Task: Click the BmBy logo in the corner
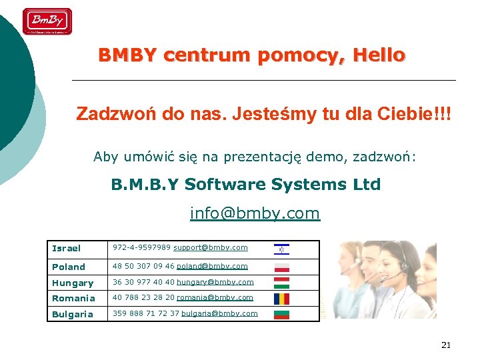(47, 21)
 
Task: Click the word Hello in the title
(379, 55)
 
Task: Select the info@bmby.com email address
(255, 213)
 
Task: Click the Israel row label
(66, 249)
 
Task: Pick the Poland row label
(69, 267)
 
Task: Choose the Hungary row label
(73, 283)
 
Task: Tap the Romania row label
(73, 298)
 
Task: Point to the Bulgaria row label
(73, 314)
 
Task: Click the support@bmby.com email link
(211, 248)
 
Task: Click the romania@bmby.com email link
(215, 297)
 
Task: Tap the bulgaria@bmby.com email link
(219, 313)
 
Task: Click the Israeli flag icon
(281, 250)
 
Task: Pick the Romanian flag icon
(281, 299)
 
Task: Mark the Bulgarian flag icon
(281, 313)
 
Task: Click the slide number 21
(446, 345)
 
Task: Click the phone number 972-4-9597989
(141, 248)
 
